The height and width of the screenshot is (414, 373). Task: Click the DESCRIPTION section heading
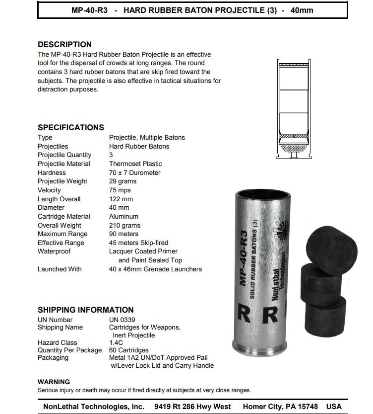pos(64,45)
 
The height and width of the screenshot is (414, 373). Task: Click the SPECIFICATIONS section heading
pos(71,127)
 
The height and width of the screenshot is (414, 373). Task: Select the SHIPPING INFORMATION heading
pos(85,310)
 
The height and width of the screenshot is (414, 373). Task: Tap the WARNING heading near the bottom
pos(54,382)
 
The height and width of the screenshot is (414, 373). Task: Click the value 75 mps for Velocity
pos(120,190)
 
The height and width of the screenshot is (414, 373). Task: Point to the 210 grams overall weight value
pos(124,225)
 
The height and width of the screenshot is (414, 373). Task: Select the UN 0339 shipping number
pos(122,320)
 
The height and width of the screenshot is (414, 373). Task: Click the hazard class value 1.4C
pos(116,343)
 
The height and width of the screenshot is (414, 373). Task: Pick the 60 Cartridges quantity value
pos(129,350)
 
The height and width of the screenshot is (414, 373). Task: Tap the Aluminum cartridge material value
pos(124,217)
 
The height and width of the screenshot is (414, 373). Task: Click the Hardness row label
pos(52,172)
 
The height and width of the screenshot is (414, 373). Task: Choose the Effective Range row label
pos(61,243)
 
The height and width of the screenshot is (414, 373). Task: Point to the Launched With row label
pos(60,269)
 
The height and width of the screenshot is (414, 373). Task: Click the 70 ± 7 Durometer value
pos(135,172)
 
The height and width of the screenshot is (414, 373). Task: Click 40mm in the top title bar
pos(302,10)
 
